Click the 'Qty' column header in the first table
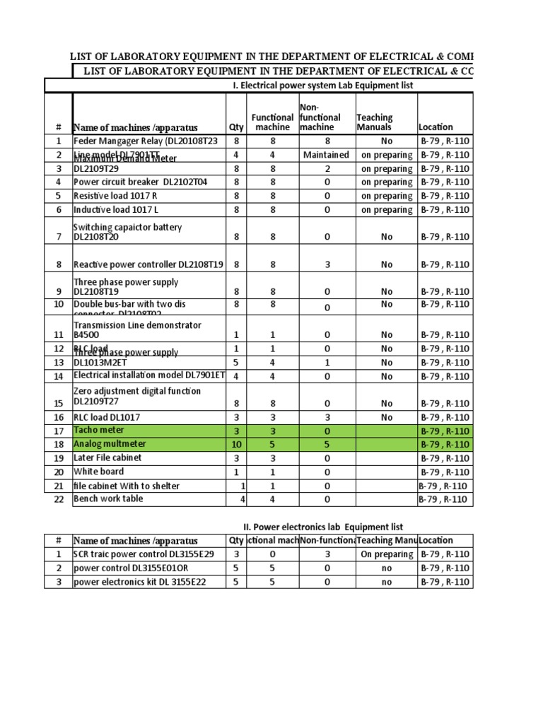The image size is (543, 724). (236, 127)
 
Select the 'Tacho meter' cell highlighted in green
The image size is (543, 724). (99, 430)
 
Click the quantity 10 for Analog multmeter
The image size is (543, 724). (236, 444)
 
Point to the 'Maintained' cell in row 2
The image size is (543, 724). (326, 154)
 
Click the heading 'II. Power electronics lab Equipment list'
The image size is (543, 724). (318, 527)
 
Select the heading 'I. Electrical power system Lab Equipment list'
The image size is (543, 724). (322, 86)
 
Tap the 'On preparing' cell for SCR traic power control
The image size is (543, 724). (386, 554)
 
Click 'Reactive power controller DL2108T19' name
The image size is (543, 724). (148, 264)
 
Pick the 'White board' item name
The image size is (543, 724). (98, 472)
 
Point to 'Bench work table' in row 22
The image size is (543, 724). (108, 498)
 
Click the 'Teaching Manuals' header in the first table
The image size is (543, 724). (375, 122)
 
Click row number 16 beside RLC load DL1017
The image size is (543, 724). (59, 417)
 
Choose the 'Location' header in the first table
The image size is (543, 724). (436, 127)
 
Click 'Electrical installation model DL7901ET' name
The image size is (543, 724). (149, 375)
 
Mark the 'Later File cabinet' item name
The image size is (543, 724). (107, 457)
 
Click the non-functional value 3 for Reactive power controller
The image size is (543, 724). (326, 264)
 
